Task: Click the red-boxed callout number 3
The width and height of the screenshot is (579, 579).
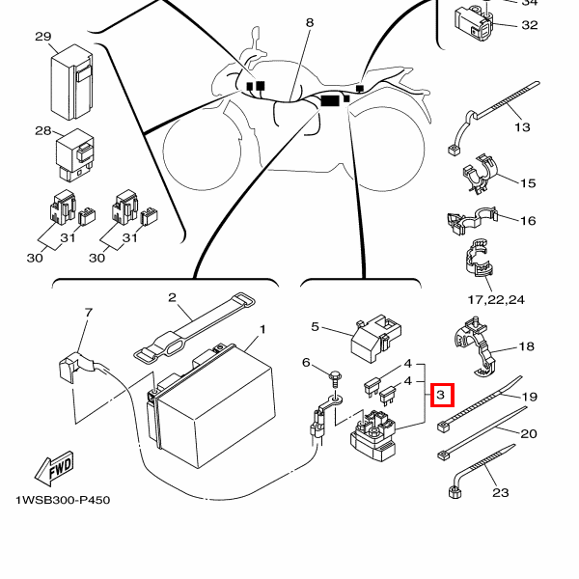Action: (440, 395)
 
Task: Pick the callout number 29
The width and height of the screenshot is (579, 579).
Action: (42, 37)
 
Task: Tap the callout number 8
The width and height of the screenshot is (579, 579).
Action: (310, 21)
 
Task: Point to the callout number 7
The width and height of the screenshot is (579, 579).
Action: (88, 313)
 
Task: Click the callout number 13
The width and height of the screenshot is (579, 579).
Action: (522, 126)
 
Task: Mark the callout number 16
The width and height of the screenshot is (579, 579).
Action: (528, 221)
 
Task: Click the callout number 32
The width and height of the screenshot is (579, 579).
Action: (529, 25)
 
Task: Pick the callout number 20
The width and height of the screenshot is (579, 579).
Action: (528, 433)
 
